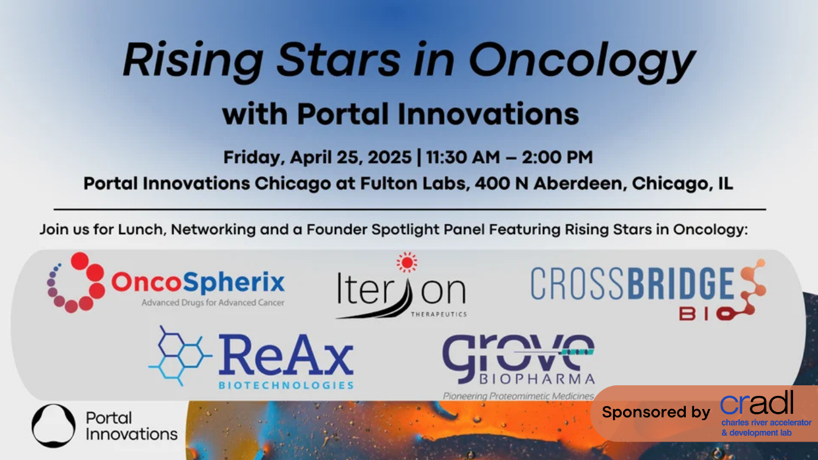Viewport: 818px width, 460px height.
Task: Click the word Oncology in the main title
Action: click(582, 60)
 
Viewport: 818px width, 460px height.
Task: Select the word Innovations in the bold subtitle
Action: click(488, 114)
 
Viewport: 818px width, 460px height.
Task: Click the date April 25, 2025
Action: click(351, 157)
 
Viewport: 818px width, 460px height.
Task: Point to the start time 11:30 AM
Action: click(463, 157)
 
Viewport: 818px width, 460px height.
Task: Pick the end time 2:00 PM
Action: click(557, 157)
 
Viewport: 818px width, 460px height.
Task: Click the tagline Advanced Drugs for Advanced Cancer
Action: click(213, 303)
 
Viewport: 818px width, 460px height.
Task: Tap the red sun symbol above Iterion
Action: click(407, 262)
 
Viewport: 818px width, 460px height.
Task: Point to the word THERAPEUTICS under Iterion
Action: click(439, 314)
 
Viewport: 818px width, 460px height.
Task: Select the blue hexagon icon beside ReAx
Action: click(180, 356)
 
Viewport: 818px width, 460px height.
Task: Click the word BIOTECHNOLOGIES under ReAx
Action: click(286, 385)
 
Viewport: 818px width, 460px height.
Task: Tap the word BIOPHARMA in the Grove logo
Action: click(537, 379)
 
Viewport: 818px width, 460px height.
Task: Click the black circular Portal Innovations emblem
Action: click(54, 426)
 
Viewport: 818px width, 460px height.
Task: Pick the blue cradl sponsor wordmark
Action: click(756, 403)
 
